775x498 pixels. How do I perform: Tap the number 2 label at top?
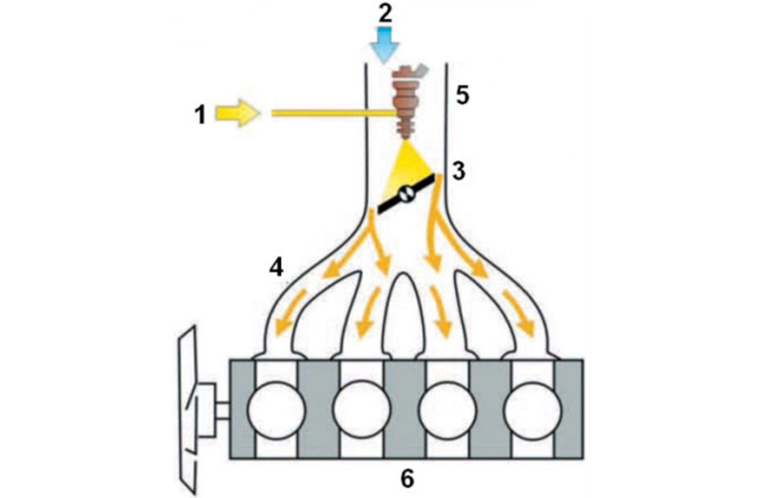tap(385, 14)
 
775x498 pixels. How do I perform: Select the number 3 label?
tap(459, 172)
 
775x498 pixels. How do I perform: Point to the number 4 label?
tap(276, 267)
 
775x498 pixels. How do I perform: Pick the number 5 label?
tap(462, 96)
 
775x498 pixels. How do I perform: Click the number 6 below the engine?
tap(407, 478)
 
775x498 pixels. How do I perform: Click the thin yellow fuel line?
tap(331, 113)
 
